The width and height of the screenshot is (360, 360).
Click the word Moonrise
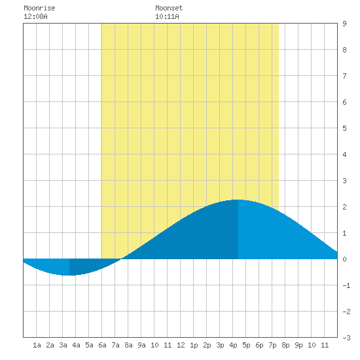[39, 8]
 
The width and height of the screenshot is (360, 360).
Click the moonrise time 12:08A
[35, 16]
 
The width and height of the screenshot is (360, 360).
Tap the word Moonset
[169, 8]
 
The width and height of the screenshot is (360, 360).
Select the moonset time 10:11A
[167, 16]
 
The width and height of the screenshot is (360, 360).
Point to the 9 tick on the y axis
[344, 24]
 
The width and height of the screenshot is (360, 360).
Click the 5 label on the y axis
[344, 128]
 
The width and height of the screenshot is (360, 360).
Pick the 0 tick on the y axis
[344, 259]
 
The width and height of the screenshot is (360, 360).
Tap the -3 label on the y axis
[346, 338]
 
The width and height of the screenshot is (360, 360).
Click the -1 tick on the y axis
[346, 285]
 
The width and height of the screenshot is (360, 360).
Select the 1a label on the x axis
[37, 345]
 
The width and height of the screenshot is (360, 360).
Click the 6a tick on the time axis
[102, 345]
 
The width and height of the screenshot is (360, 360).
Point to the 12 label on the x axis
[181, 345]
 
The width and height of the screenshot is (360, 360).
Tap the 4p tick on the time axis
[233, 345]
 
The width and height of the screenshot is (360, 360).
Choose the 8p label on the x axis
[285, 345]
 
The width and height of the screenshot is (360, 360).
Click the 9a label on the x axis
[141, 345]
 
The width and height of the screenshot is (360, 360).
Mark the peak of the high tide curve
[238, 200]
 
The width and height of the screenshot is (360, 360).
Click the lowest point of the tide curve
[69, 275]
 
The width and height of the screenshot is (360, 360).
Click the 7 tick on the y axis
[344, 76]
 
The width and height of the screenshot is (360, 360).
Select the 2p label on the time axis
[207, 345]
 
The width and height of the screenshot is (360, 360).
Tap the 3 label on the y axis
[344, 181]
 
